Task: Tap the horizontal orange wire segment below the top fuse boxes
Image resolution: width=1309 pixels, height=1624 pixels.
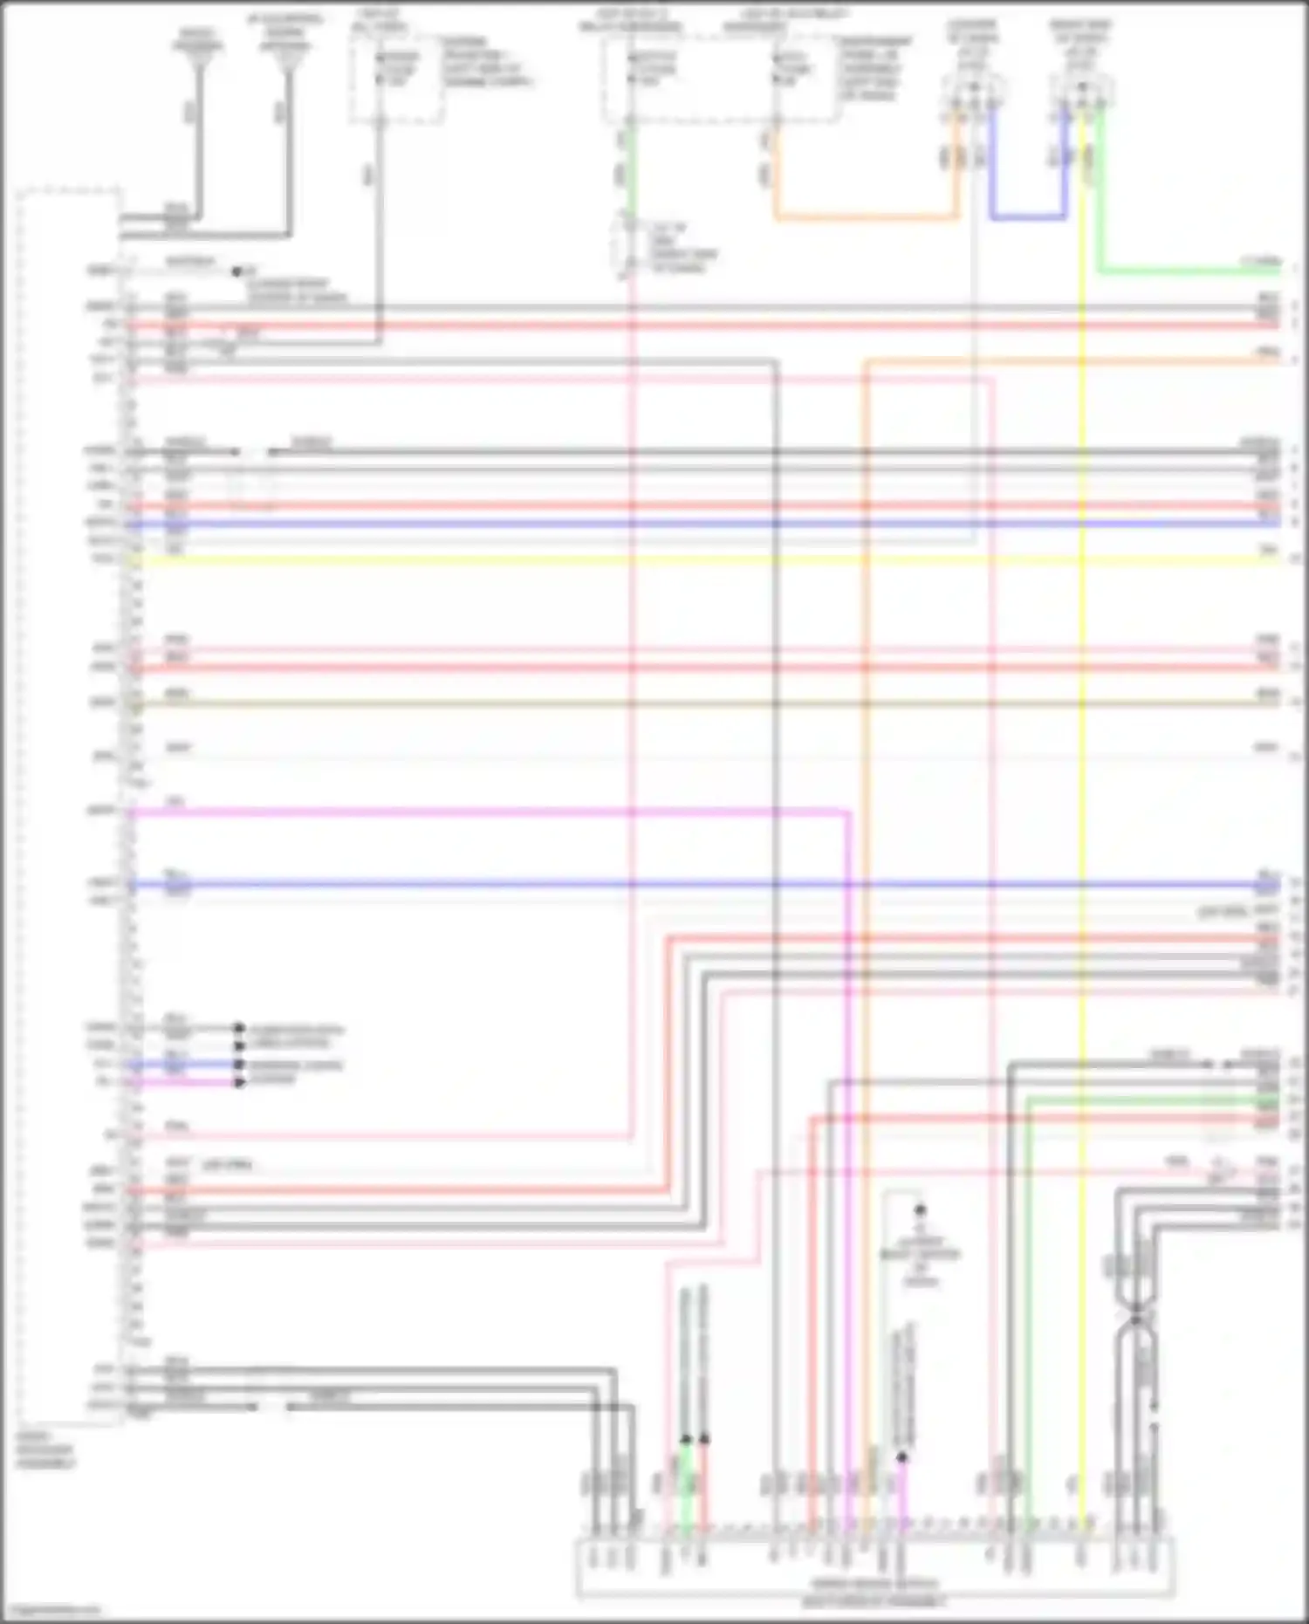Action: (864, 216)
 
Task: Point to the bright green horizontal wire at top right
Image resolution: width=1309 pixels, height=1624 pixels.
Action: (1187, 271)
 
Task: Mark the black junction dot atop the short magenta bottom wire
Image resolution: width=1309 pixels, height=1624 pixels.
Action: (902, 1456)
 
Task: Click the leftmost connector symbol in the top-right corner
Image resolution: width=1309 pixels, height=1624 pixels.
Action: (972, 93)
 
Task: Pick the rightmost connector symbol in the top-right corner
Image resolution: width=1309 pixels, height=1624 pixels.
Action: (1082, 93)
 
